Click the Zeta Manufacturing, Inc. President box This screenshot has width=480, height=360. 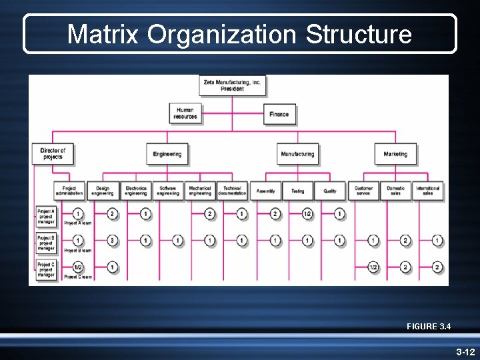pyautogui.click(x=232, y=85)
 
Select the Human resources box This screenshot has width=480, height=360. pyautogui.click(x=185, y=113)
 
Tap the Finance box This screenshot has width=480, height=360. pyautogui.click(x=279, y=114)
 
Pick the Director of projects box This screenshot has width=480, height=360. pyautogui.click(x=51, y=154)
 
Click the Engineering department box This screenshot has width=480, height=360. pyautogui.click(x=167, y=154)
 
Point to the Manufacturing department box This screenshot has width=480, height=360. pyautogui.click(x=297, y=154)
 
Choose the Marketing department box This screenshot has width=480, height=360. pyautogui.click(x=395, y=154)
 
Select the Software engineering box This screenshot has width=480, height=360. pyautogui.click(x=168, y=191)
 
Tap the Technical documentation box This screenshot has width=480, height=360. pyautogui.click(x=232, y=191)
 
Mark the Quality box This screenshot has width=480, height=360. pyautogui.click(x=330, y=191)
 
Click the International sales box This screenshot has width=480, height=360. pyautogui.click(x=428, y=191)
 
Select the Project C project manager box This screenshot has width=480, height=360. pyautogui.click(x=45, y=269)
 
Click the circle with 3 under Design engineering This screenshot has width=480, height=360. pyautogui.click(x=113, y=240)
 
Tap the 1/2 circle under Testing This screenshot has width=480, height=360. pyautogui.click(x=307, y=214)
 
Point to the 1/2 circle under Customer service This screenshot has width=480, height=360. pyautogui.click(x=373, y=267)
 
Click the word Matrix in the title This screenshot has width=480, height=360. pyautogui.click(x=103, y=34)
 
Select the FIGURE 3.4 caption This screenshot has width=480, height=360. pyautogui.click(x=429, y=327)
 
